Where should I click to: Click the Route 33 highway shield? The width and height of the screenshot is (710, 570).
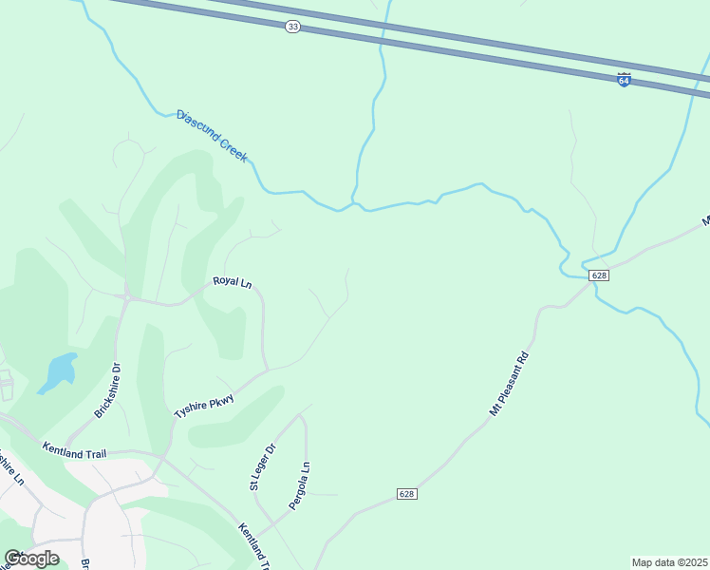pyautogui.click(x=292, y=27)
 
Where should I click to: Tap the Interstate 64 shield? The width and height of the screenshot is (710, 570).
pyautogui.click(x=624, y=80)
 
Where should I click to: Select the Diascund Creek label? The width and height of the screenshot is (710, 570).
pyautogui.click(x=212, y=135)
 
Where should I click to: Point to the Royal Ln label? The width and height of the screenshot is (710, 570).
pyautogui.click(x=232, y=281)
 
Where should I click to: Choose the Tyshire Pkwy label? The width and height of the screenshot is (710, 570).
pyautogui.click(x=203, y=401)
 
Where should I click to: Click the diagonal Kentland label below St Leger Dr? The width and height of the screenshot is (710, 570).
pyautogui.click(x=253, y=547)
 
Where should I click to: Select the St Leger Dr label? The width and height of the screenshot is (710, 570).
pyautogui.click(x=262, y=467)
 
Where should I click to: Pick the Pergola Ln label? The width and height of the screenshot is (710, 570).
pyautogui.click(x=299, y=484)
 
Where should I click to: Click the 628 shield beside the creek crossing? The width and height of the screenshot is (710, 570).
pyautogui.click(x=598, y=275)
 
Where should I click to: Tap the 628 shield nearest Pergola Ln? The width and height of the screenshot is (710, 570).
pyautogui.click(x=406, y=494)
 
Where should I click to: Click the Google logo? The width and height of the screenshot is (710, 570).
pyautogui.click(x=31, y=558)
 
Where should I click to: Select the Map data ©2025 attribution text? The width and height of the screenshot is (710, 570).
pyautogui.click(x=669, y=562)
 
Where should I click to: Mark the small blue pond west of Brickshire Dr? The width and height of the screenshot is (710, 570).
pyautogui.click(x=59, y=371)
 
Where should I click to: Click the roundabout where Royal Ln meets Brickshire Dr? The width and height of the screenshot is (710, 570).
pyautogui.click(x=126, y=296)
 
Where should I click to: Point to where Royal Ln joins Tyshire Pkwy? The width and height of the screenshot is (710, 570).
pyautogui.click(x=267, y=369)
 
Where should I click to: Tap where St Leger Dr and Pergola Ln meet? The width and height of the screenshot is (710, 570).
pyautogui.click(x=302, y=416)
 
